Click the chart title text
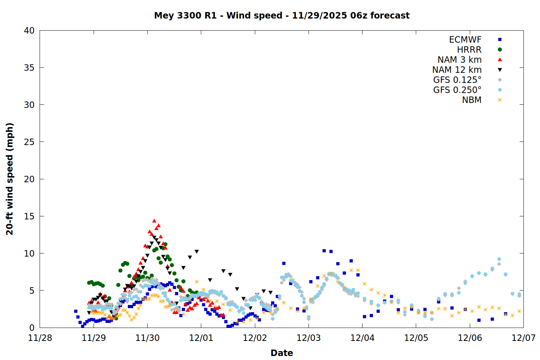(x=282, y=15)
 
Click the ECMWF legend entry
(x=465, y=40)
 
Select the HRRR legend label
(x=469, y=50)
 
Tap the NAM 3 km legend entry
(x=459, y=60)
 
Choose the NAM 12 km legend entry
(x=457, y=70)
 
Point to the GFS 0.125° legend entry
(x=457, y=80)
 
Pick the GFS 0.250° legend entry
(x=457, y=90)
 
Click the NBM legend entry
(x=472, y=100)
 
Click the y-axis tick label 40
(x=29, y=31)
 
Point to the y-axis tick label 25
(x=29, y=142)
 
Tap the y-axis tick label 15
(x=29, y=216)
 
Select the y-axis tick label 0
(x=32, y=328)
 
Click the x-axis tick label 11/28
(x=40, y=338)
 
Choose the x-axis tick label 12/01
(x=201, y=338)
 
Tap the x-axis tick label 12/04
(x=363, y=338)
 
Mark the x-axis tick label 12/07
(x=523, y=338)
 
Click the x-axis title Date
(x=282, y=353)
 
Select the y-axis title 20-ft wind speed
(x=10, y=179)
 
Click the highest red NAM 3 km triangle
(x=154, y=221)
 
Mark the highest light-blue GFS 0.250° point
(x=499, y=259)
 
